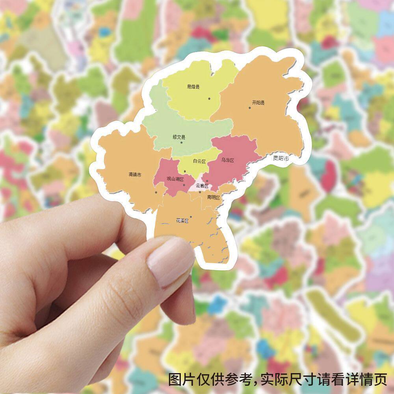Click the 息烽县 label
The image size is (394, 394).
[193, 87]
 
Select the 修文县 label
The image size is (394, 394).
[179, 137]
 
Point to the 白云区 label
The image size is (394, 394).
[199, 161]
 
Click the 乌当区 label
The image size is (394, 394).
[227, 160]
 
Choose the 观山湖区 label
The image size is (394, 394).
[175, 179]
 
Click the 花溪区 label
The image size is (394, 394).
[182, 221]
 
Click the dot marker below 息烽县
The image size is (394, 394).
[209, 98]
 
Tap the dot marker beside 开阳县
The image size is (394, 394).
[249, 107]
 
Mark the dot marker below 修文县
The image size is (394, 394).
[181, 142]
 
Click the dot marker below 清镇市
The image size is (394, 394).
[156, 193]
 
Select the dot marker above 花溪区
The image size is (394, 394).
[191, 216]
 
